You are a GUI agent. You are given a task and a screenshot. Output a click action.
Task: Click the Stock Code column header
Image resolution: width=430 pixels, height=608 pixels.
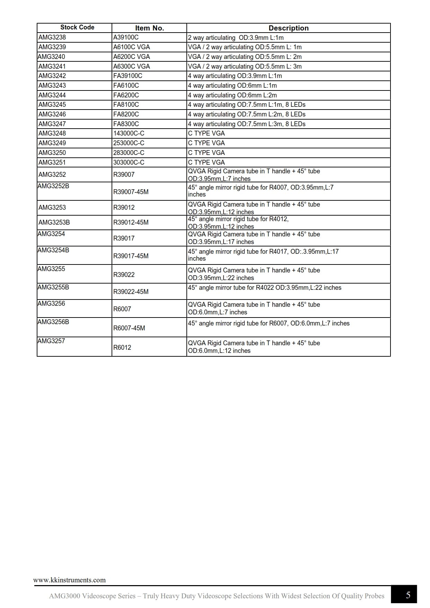click(x=77, y=27)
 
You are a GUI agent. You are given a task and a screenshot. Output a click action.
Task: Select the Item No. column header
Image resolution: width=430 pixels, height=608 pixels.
click(x=149, y=28)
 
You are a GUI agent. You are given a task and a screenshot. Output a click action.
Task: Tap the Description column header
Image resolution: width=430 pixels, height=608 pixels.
click(x=288, y=28)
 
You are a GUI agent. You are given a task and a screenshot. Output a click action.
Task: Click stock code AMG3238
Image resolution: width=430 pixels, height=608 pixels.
click(x=52, y=37)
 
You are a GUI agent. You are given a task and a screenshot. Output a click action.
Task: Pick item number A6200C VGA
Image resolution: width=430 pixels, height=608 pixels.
click(x=131, y=57)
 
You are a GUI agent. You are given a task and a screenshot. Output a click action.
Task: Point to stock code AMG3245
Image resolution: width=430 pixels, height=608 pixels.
click(x=52, y=105)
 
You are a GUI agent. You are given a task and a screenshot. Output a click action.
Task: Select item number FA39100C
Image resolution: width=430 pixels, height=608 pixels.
click(x=128, y=76)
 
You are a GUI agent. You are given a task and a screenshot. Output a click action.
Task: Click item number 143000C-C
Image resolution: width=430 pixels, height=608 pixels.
click(x=129, y=133)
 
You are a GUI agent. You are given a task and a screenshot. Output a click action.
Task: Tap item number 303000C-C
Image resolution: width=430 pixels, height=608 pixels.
click(x=129, y=162)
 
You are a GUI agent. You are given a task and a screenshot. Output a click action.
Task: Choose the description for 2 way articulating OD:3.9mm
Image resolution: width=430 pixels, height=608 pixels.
click(x=236, y=37)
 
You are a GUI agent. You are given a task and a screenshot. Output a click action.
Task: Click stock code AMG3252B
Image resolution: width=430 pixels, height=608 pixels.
click(x=53, y=186)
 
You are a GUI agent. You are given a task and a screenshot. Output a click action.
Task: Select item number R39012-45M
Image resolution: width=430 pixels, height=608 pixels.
click(x=131, y=223)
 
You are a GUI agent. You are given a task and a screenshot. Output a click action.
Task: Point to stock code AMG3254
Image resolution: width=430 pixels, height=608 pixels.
click(x=51, y=234)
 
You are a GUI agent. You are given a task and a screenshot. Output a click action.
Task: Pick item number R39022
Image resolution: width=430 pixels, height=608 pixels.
click(x=124, y=275)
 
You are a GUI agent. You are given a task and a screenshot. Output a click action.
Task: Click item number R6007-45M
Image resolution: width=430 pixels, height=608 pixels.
click(x=129, y=328)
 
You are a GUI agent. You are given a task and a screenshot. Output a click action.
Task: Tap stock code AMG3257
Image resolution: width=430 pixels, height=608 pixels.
click(x=51, y=341)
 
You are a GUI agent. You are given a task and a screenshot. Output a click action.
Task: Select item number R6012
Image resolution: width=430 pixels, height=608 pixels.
click(x=122, y=348)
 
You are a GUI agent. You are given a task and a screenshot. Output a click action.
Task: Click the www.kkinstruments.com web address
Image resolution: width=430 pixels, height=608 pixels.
click(x=69, y=580)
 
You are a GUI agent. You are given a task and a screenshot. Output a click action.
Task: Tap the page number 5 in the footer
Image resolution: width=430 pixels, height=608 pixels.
click(x=408, y=595)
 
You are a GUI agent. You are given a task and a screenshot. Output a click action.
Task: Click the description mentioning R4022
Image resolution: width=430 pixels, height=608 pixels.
click(x=264, y=288)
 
